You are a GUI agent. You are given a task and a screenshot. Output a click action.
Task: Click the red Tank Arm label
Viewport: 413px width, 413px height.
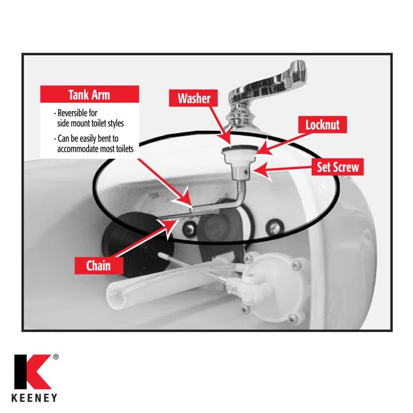point(89,95)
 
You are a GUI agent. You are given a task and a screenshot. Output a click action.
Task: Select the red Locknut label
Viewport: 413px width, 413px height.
point(322,125)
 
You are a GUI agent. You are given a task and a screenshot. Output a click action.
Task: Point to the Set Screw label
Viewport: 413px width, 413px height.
point(338,167)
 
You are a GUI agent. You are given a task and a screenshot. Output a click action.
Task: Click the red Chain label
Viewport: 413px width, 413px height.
point(98,266)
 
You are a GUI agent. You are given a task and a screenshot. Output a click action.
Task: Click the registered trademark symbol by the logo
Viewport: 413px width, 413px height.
point(56,357)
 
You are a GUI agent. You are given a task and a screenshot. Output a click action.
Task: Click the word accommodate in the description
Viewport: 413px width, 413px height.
point(82,148)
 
